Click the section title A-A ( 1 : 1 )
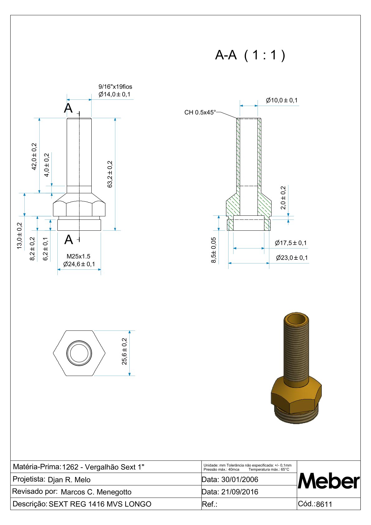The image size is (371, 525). tap(250, 55)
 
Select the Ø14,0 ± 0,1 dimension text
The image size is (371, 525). tap(114, 94)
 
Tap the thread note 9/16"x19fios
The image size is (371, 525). tap(115, 87)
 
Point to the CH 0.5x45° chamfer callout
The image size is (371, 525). tap(200, 113)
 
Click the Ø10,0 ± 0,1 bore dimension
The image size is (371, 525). tap(282, 100)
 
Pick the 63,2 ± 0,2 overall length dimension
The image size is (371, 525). tap(110, 174)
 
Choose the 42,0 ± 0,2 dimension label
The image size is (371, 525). tap(34, 157)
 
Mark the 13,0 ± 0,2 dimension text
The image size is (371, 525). tap(19, 236)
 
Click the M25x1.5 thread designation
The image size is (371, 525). tap(78, 256)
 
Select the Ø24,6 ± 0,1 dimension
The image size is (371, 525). tap(79, 264)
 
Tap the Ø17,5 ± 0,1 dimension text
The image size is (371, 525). tap(291, 243)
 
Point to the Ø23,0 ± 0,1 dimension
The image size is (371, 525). tap(292, 258)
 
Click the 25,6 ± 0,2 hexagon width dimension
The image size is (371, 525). tap(124, 351)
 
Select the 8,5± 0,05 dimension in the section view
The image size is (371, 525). tap(214, 250)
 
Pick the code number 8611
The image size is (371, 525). tap(324, 504)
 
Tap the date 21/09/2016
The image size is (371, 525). tap(240, 492)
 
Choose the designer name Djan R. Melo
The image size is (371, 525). tap(69, 480)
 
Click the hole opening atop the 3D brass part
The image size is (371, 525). tap(296, 320)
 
